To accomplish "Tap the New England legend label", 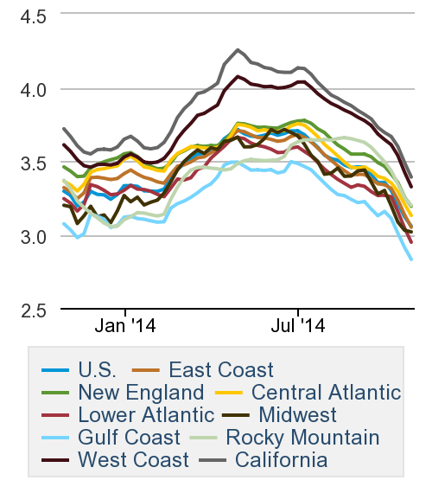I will (141, 392).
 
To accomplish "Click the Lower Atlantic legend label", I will (146, 414).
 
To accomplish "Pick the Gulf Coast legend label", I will (129, 437).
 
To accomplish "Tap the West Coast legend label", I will (132, 459).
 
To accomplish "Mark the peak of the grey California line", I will (238, 49).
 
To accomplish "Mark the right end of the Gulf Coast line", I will (411, 259).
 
